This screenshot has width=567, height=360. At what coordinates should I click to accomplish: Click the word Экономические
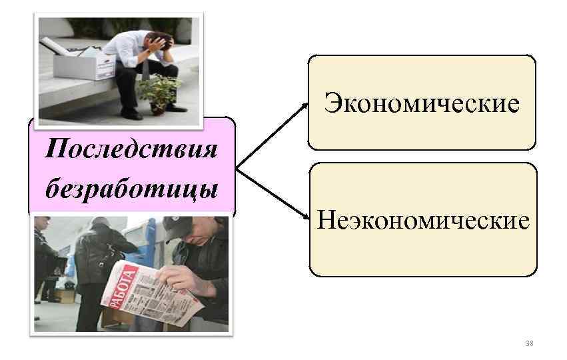421,103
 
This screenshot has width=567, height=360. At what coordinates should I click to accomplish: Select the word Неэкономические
423,219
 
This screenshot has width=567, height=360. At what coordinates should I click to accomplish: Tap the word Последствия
131,147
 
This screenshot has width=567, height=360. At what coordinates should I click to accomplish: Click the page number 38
529,343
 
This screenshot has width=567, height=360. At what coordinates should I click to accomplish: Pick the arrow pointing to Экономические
273,134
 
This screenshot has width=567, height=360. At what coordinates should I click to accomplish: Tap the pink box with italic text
131,167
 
